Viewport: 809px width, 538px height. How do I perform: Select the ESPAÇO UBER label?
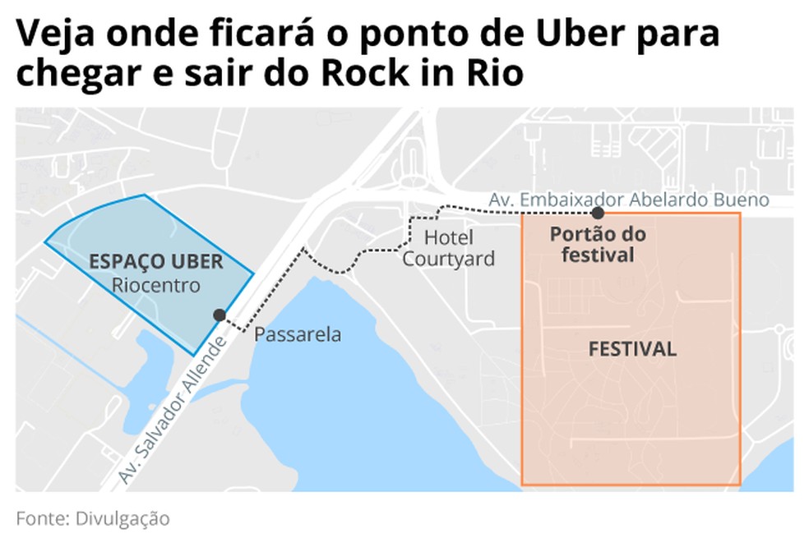coord(155,262)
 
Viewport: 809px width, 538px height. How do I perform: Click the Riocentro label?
coord(157,286)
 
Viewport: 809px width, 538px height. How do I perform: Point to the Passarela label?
coord(297,335)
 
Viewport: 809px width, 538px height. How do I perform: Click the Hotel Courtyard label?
coord(448,248)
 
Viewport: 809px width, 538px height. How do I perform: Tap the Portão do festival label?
coord(597,245)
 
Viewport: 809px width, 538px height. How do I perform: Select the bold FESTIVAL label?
coord(632,349)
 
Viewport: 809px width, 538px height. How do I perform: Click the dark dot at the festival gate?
coord(597,213)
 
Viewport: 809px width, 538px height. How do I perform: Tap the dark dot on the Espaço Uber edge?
coord(219,315)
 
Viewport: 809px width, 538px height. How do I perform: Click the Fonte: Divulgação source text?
coord(92,518)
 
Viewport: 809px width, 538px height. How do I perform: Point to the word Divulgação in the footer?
coord(123,518)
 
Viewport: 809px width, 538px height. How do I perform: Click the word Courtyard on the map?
coord(448,259)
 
